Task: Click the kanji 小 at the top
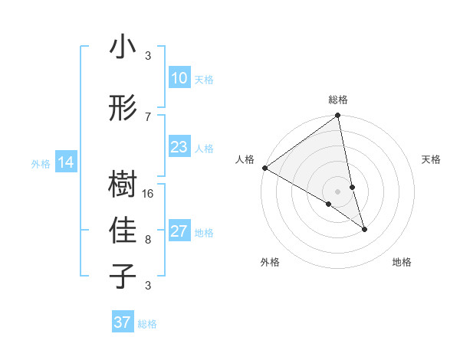[123, 47]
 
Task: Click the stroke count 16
[149, 194]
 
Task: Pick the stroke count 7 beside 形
[149, 117]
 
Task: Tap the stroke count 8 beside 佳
[149, 240]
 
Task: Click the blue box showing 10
[179, 78]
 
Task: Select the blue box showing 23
[179, 147]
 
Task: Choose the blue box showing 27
[179, 231]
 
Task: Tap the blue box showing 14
[65, 162]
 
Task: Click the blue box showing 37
[122, 322]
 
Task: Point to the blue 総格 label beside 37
[148, 324]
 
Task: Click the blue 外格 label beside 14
[41, 163]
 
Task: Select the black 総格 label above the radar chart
[338, 100]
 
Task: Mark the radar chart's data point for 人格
[264, 168]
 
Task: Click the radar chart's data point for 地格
[364, 229]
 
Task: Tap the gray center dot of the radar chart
[338, 191]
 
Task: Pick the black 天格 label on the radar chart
[432, 159]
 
